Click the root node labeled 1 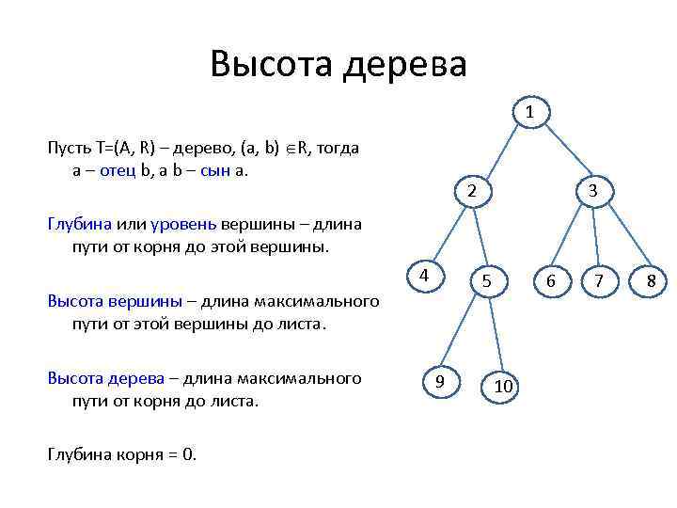(530, 113)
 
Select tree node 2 (472, 191)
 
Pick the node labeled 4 (425, 276)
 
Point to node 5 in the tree (486, 280)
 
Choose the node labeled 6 (551, 280)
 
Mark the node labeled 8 (651, 280)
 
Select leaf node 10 (503, 386)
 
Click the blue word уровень (183, 224)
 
